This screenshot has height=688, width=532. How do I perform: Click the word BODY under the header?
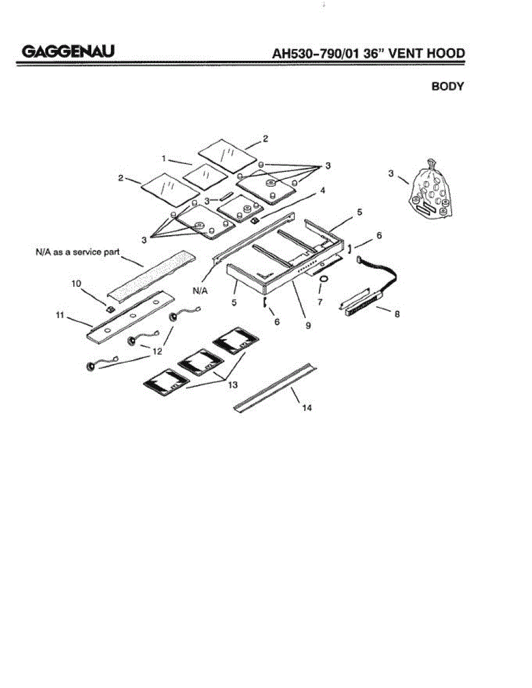[447, 87]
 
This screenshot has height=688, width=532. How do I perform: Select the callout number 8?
[397, 314]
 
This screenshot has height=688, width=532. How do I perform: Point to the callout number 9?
[308, 325]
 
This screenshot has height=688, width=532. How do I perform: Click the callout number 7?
[320, 301]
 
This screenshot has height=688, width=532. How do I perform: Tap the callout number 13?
[232, 385]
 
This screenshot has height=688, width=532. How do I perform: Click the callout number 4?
[323, 190]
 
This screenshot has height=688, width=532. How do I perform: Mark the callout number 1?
[164, 158]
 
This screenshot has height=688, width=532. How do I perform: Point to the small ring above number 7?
[324, 279]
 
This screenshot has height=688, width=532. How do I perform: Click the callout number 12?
[157, 351]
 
